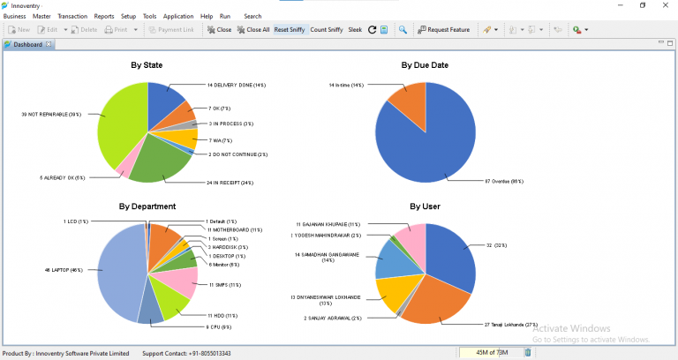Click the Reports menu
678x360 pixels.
103,16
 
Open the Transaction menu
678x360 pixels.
72,16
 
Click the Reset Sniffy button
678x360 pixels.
289,30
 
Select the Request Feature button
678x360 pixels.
444,30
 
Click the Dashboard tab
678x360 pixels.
26,44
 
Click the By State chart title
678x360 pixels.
147,64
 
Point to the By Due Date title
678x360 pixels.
426,64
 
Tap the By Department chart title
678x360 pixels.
147,206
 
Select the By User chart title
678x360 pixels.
426,206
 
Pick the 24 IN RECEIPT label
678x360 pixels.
230,184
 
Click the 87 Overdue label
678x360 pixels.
504,182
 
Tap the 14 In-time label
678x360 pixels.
346,86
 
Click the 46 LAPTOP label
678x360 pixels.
63,269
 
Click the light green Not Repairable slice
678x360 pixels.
117,124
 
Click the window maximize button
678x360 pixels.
642,5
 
